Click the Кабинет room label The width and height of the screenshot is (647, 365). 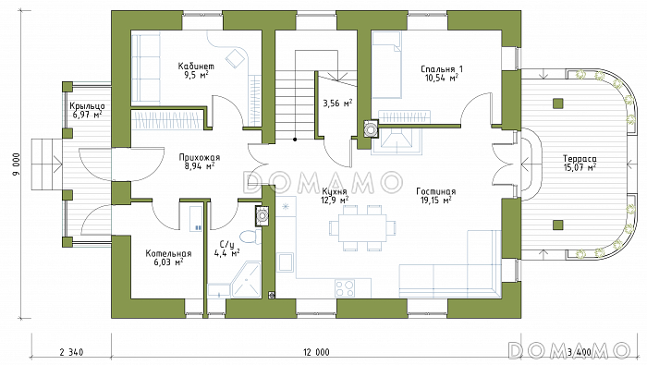tap(196, 66)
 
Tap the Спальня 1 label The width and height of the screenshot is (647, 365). tap(442, 69)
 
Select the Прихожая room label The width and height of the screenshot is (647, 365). tap(200, 157)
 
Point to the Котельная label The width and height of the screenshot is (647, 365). tap(168, 253)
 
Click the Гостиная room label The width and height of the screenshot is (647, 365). tap(435, 191)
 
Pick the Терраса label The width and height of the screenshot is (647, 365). tap(580, 159)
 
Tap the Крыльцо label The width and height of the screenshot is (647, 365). tap(87, 106)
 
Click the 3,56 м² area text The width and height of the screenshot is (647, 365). tap(337, 103)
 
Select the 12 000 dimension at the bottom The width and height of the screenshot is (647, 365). tap(316, 352)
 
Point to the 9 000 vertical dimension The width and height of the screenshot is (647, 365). tap(16, 164)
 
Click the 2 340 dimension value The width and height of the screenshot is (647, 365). tap(71, 352)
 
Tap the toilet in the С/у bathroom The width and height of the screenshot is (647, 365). tap(250, 237)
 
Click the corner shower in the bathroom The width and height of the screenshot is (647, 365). tap(247, 279)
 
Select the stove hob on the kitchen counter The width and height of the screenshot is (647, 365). tap(345, 288)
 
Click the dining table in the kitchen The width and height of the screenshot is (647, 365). tap(362, 227)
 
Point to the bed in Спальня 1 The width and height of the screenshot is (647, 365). tap(386, 66)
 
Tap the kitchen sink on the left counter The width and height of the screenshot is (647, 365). tap(285, 262)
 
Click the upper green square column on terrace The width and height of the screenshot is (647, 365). tap(558, 103)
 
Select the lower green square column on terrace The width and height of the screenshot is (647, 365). tap(558, 225)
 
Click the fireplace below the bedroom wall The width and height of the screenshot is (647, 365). tap(397, 140)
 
